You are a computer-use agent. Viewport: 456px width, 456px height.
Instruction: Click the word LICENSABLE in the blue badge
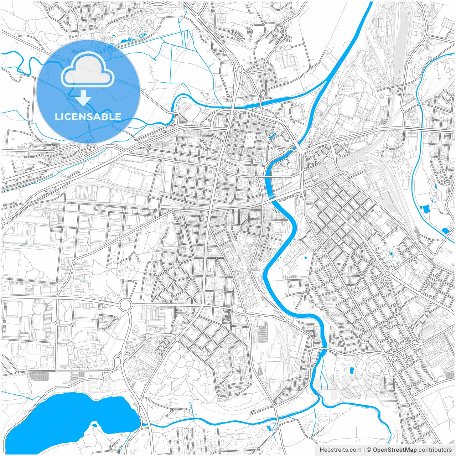pos(88,116)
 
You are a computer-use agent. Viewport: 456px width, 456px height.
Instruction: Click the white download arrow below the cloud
pos(83,98)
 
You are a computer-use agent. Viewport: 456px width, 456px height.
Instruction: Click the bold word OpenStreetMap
pos(394,450)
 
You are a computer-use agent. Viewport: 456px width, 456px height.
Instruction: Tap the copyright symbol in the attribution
pos(369,450)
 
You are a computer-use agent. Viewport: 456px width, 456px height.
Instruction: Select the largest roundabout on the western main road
pos(125,305)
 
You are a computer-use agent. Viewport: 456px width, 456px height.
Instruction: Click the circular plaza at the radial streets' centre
pos(176,265)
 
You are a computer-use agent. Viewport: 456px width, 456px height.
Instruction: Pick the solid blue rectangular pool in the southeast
pos(352,370)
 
